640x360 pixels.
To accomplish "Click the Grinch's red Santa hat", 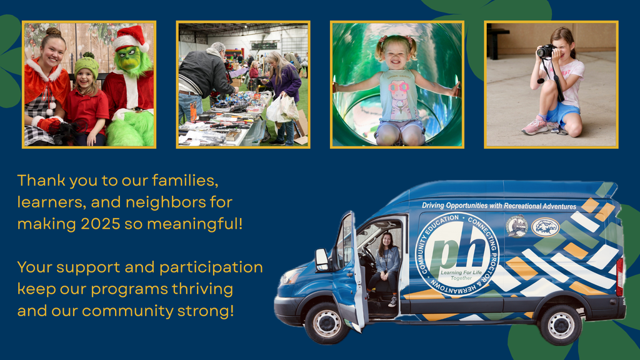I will (131, 37).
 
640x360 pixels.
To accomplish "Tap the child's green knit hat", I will (86, 64).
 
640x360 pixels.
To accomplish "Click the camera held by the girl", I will (546, 51).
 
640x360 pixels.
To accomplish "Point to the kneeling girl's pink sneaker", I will (534, 126).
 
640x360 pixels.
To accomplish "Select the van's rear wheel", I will (560, 324).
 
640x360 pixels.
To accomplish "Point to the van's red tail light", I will (619, 276).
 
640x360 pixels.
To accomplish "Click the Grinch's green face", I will (129, 58).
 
